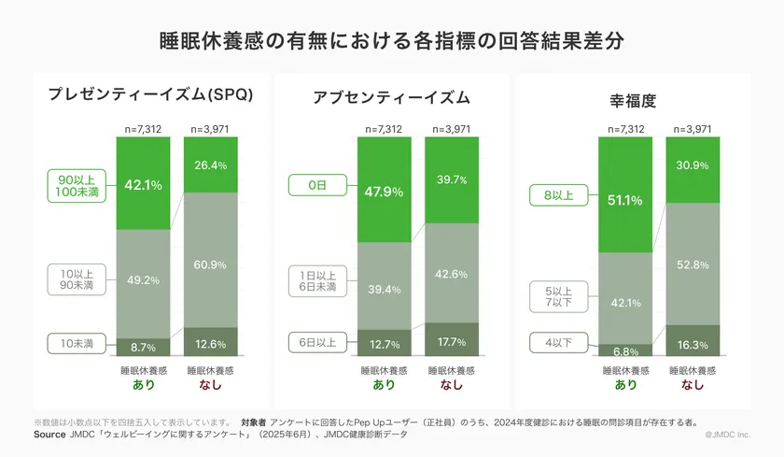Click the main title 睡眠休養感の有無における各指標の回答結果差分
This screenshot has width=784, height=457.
pyautogui.click(x=392, y=42)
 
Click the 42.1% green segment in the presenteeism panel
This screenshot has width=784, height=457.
pyautogui.click(x=143, y=184)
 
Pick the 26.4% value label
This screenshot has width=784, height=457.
pyautogui.click(x=210, y=165)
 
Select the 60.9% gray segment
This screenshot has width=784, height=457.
pyautogui.click(x=210, y=264)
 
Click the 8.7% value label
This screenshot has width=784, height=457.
pyautogui.click(x=143, y=347)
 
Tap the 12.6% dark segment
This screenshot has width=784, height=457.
pyautogui.click(x=210, y=342)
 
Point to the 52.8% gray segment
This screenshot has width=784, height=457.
pyautogui.click(x=693, y=264)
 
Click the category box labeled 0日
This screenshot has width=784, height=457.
pyautogui.click(x=316, y=186)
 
